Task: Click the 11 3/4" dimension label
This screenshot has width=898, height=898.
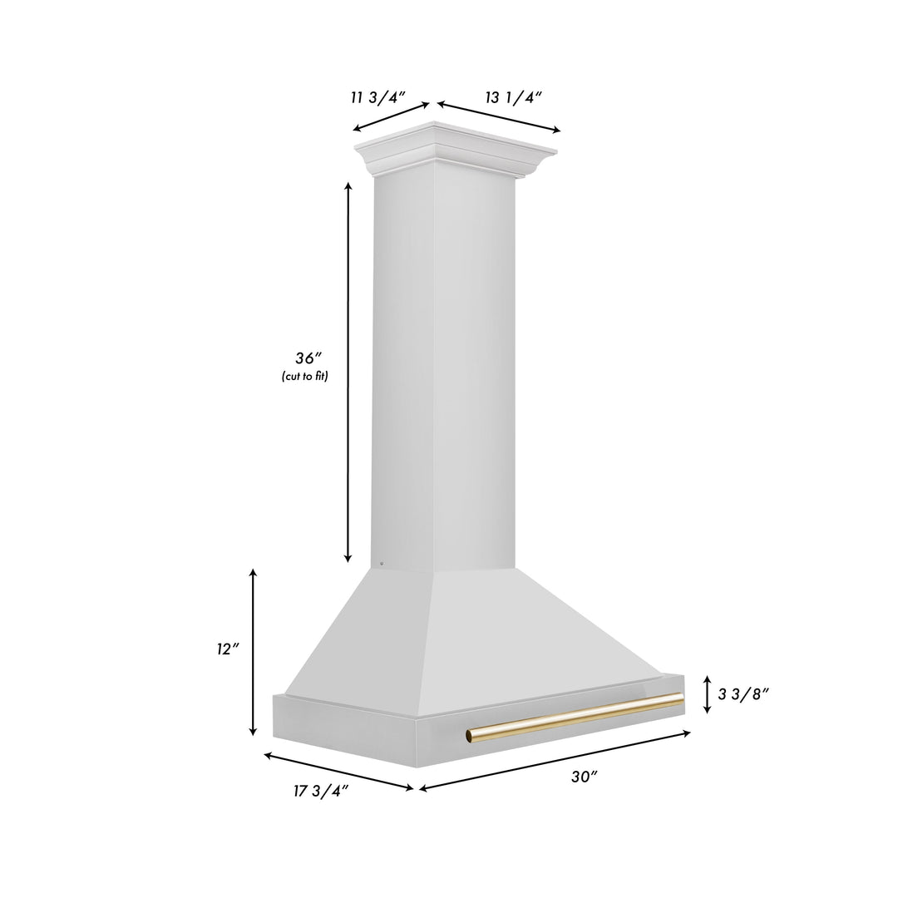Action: tap(377, 98)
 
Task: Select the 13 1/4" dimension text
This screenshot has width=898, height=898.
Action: tap(514, 97)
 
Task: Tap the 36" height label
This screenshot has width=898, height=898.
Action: tap(307, 358)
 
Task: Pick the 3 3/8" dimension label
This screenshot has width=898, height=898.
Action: tap(743, 694)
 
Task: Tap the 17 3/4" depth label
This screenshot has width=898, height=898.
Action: tap(320, 791)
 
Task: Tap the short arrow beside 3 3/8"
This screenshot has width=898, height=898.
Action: tap(707, 694)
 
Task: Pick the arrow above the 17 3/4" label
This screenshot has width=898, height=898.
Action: tap(338, 771)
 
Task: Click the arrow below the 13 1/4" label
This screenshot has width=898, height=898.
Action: tap(499, 116)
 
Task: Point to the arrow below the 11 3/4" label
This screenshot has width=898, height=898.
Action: tap(392, 116)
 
